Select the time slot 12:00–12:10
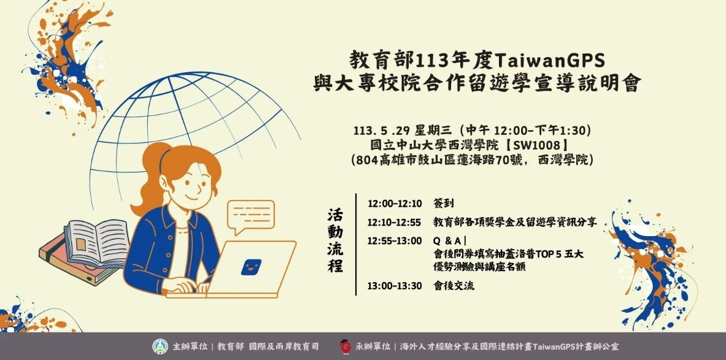[x=395, y=204]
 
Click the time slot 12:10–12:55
[x=394, y=223]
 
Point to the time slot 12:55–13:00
[x=395, y=241]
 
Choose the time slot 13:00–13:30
[x=395, y=286]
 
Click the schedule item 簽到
[x=444, y=204]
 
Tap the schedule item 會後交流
[x=454, y=286]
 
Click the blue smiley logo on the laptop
[x=251, y=267]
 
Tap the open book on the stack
[x=96, y=243]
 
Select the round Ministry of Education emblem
[x=160, y=346]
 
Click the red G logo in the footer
[x=345, y=347]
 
